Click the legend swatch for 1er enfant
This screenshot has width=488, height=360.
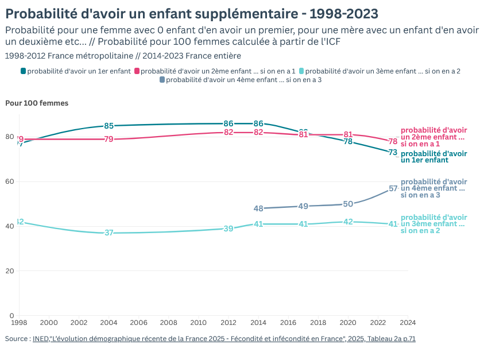[24, 71]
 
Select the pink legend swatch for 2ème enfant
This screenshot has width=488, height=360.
[137, 71]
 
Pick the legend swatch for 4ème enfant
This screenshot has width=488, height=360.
[162, 80]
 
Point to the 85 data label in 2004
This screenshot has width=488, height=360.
[109, 126]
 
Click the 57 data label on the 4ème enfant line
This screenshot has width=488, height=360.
[393, 188]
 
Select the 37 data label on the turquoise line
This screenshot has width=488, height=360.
[109, 233]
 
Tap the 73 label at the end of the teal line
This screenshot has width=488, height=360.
[393, 153]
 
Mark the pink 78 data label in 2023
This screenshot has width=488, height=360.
[393, 141]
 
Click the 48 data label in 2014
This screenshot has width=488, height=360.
[258, 208]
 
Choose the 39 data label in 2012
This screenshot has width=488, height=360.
[228, 229]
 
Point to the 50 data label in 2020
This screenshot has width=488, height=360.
[348, 204]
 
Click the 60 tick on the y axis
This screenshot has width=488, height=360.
[10, 181]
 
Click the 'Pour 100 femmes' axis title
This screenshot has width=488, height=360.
[37, 103]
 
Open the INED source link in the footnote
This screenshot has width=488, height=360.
[224, 339]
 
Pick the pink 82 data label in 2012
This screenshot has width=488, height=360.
[228, 132]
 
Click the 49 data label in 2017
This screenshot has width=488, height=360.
[303, 206]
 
